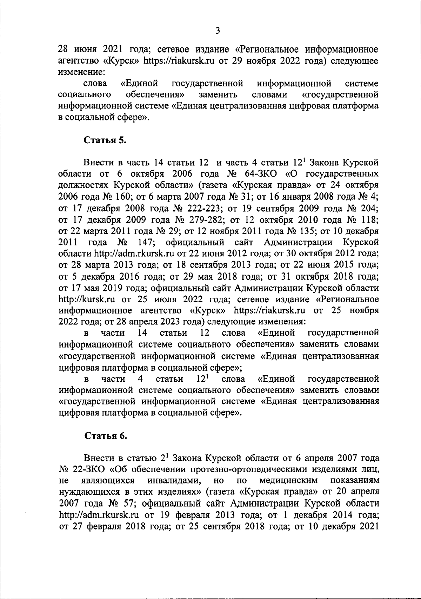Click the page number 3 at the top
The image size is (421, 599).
tap(218, 31)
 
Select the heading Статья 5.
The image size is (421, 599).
tap(105, 140)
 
